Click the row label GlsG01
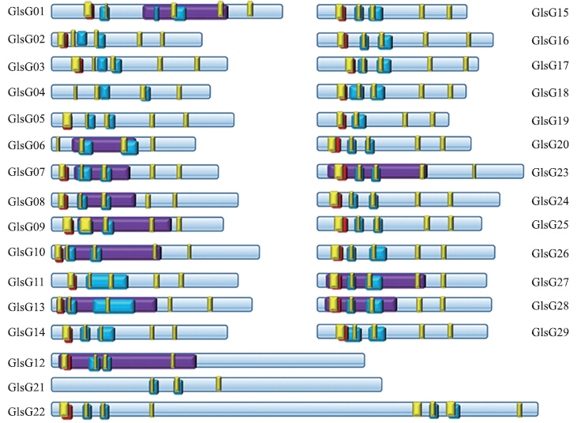[26, 11]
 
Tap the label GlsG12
[26, 363]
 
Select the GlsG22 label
[26, 411]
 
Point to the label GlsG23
[550, 172]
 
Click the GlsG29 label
[550, 332]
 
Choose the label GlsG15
[550, 13]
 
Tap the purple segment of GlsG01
[185, 12]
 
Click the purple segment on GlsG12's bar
[127, 361]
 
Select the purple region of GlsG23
[377, 172]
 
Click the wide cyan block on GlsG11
[107, 282]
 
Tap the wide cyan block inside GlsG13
[114, 306]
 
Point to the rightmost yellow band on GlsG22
[519, 410]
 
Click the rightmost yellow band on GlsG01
[250, 9]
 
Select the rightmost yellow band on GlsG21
[219, 384]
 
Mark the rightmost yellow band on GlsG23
[474, 172]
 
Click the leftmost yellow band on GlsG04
[76, 92]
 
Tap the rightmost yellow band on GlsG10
[189, 252]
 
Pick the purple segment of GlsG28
[361, 305]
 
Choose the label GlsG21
[26, 387]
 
